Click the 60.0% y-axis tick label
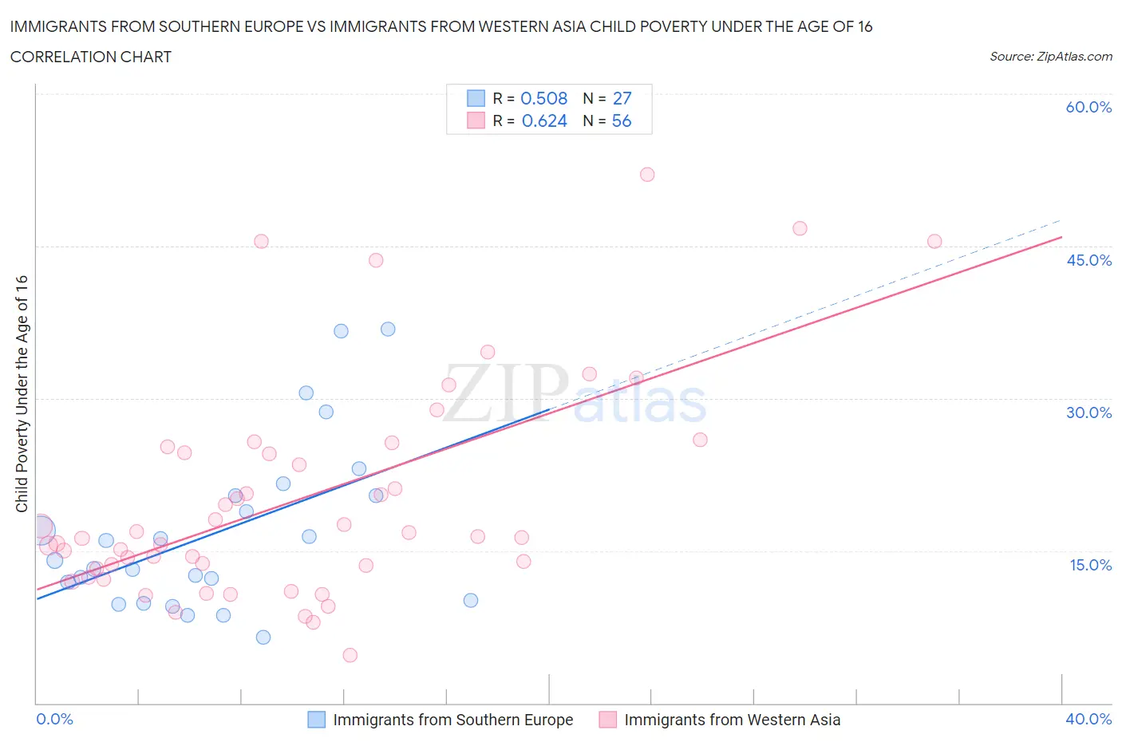point(1088,107)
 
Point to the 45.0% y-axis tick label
point(1088,260)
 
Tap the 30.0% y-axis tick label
point(1088,412)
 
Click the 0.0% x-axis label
point(54,719)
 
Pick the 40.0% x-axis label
point(1088,719)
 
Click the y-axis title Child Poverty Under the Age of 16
point(22,394)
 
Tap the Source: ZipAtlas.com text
point(1050,57)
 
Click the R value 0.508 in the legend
point(543,98)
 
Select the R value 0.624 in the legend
point(544,120)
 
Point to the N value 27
point(622,98)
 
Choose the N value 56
point(622,120)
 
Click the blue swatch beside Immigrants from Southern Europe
point(317,720)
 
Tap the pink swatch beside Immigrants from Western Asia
point(608,720)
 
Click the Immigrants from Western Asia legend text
point(732,720)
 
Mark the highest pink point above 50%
point(647,175)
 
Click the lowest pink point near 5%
point(350,655)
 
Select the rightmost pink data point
point(934,241)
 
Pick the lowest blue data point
point(263,637)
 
